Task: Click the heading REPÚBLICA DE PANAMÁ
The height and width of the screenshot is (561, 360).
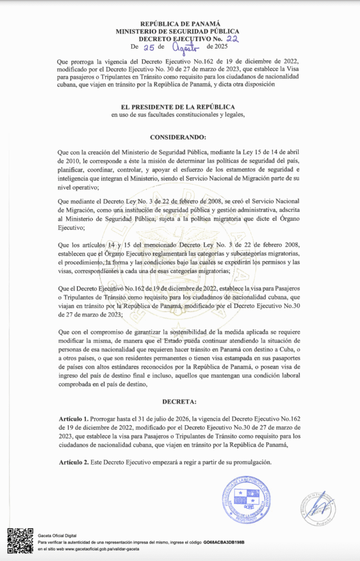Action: coord(180,24)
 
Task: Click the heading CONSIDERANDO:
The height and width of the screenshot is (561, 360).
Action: coord(180,137)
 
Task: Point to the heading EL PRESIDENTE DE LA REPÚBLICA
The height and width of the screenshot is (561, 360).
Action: coord(180,106)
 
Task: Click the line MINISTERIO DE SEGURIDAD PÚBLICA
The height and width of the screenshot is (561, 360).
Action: coord(180,32)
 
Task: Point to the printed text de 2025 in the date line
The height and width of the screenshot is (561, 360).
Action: coord(215,48)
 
